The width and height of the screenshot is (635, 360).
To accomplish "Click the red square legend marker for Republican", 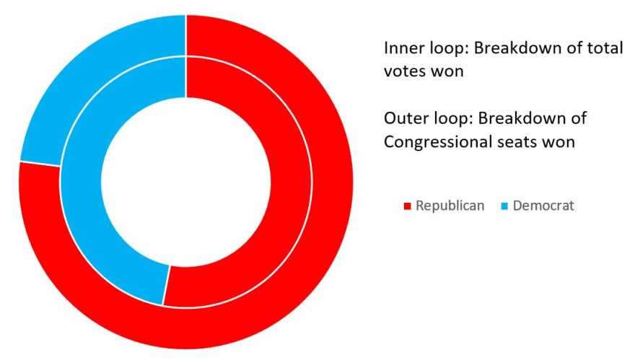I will click(407, 206).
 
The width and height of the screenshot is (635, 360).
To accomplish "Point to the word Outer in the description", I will click(405, 118).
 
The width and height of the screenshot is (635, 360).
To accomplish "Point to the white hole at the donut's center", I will click(186, 180).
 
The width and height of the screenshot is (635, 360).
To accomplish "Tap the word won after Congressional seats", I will click(561, 142).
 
